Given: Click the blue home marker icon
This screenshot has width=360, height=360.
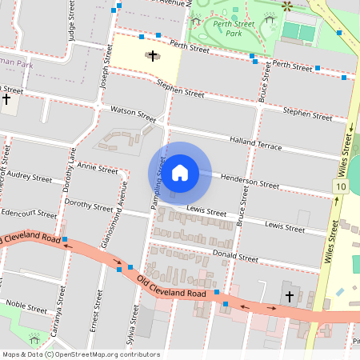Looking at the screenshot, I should (180, 173).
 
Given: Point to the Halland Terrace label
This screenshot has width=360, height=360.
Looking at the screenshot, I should (256, 143).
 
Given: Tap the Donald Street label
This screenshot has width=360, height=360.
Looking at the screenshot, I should (235, 255).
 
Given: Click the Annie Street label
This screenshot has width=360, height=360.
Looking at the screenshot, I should (98, 169).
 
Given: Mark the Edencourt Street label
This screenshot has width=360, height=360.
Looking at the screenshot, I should (30, 214).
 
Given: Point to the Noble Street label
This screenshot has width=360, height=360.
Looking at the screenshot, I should (26, 306).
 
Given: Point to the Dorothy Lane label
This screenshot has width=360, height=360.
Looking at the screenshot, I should (68, 173).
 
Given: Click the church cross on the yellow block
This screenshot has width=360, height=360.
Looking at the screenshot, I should (152, 55).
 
